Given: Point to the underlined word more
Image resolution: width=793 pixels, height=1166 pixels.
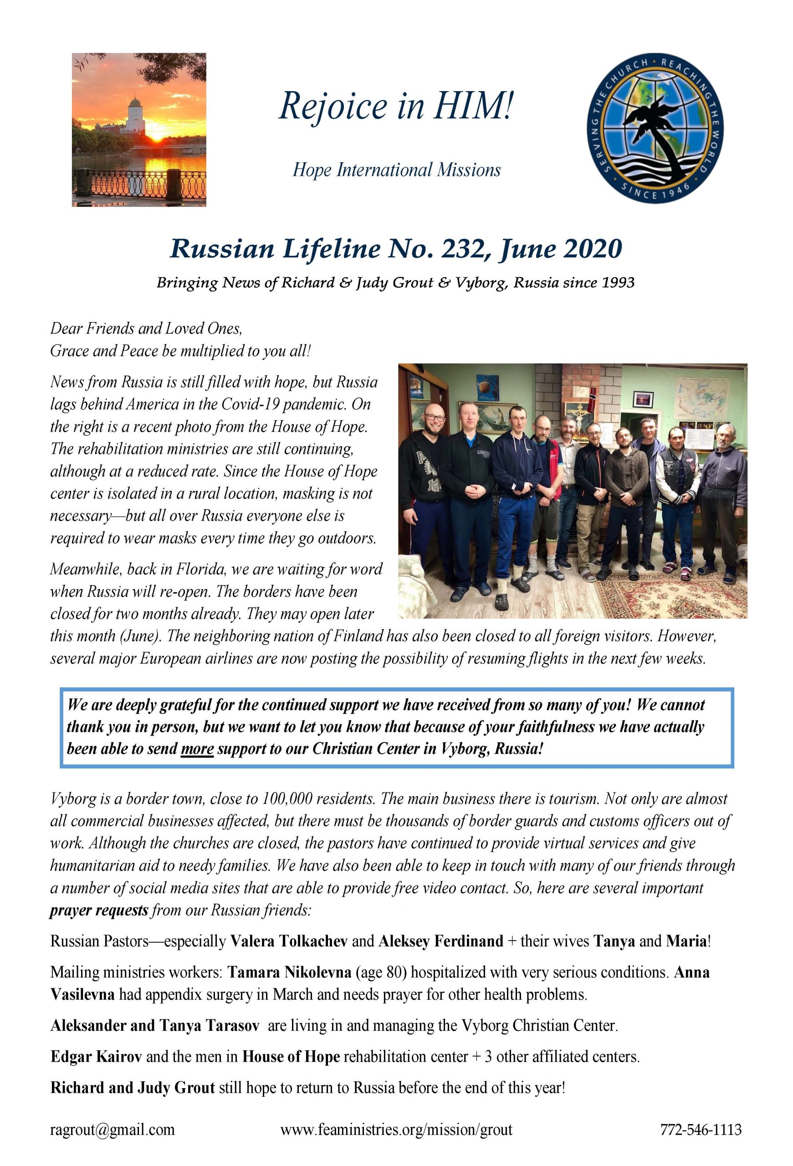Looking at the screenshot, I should point(197,749).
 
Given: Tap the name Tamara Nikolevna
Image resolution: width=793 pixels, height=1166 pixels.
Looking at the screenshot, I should point(289,972).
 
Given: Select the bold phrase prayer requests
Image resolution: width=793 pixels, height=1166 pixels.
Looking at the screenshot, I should point(99,910).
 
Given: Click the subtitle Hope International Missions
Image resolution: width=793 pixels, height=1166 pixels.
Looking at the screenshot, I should point(396,170).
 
